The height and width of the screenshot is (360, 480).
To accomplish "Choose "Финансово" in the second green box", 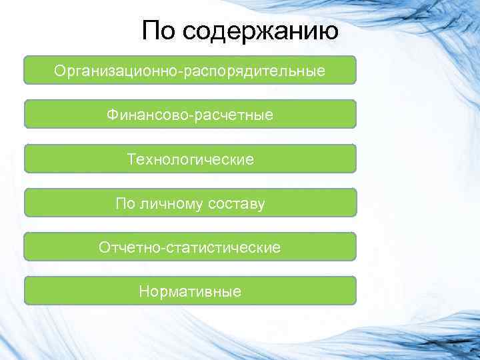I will (147, 115).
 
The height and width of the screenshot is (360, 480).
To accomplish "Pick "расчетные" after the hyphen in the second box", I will (234, 115).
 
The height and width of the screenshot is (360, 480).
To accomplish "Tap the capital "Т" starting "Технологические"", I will (131, 159).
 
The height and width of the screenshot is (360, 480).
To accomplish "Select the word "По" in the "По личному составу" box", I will (125, 203).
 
